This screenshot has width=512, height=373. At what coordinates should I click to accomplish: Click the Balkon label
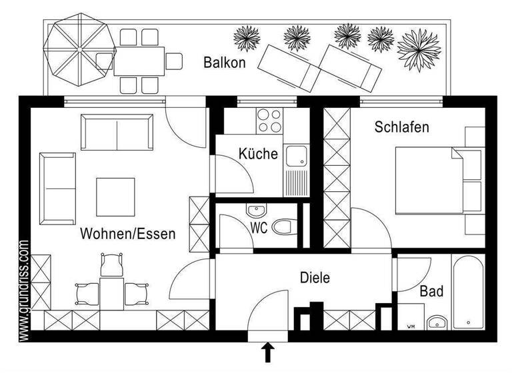(225, 63)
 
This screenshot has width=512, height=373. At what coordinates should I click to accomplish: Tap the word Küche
(258, 154)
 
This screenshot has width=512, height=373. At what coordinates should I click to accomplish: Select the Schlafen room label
(401, 127)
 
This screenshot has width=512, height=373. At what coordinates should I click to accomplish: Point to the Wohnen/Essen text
(128, 234)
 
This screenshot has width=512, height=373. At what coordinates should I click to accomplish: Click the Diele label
(315, 278)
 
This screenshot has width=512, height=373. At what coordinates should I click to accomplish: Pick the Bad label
(432, 292)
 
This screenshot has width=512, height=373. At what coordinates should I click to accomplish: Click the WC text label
(259, 228)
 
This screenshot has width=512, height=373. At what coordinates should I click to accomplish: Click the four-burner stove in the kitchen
(269, 121)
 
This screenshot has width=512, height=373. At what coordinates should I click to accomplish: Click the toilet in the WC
(286, 227)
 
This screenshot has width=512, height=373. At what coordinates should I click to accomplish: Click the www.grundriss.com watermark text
(24, 292)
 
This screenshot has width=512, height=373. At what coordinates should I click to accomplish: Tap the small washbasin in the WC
(256, 211)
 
